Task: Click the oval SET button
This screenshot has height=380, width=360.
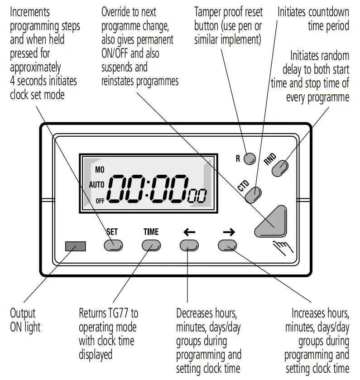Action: tap(113, 245)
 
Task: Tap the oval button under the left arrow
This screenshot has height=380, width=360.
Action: tap(189, 245)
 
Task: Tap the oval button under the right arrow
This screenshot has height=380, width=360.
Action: tap(228, 245)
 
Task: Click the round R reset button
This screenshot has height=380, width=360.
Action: tap(249, 159)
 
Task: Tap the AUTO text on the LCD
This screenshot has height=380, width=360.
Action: tap(97, 185)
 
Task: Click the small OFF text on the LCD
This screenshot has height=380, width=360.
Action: tap(100, 200)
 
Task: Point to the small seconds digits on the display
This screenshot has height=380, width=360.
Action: tap(198, 197)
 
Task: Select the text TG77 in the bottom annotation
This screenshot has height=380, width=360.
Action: tap(125, 313)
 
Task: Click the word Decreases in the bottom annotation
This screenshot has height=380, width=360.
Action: tap(197, 313)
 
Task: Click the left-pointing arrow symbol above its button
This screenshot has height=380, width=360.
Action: tap(189, 232)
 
